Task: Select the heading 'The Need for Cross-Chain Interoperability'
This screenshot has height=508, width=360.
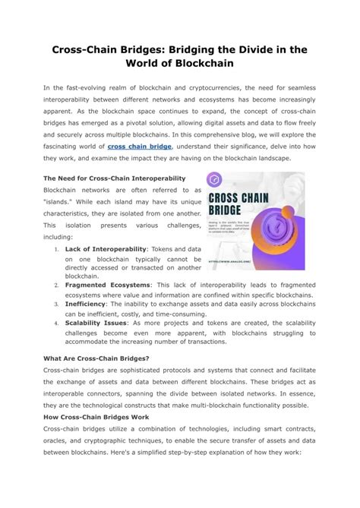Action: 114,178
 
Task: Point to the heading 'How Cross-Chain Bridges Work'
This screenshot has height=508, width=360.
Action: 96,417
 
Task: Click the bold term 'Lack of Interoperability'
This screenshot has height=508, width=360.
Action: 103,248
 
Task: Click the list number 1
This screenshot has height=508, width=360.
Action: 58,249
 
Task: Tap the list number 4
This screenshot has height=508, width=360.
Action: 58,322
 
